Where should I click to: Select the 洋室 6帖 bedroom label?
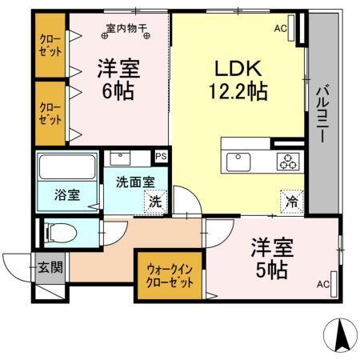(x=119, y=78)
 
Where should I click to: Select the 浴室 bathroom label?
(x=67, y=194)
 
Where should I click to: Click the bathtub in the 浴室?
(x=66, y=170)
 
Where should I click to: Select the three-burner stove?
(x=289, y=161)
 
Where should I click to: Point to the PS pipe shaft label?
(x=161, y=157)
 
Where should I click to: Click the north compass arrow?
(x=342, y=334)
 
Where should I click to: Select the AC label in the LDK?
(x=280, y=29)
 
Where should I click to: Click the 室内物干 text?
(x=127, y=31)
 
